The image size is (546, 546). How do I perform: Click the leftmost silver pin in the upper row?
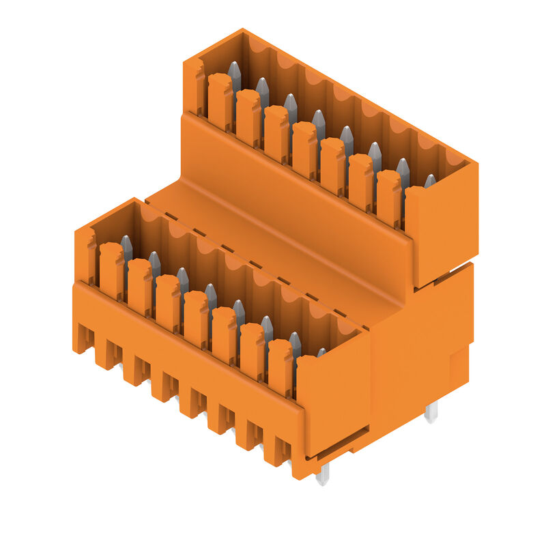tap(234, 74)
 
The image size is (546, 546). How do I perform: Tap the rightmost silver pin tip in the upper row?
tap(430, 181)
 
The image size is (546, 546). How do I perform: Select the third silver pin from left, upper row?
tap(291, 106)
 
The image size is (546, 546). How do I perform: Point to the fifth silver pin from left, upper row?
tap(347, 137)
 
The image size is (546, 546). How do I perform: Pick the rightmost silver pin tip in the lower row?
tap(321, 353)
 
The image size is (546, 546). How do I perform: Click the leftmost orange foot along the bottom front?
tap(83, 338)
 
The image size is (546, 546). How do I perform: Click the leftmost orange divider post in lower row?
tap(111, 270)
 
